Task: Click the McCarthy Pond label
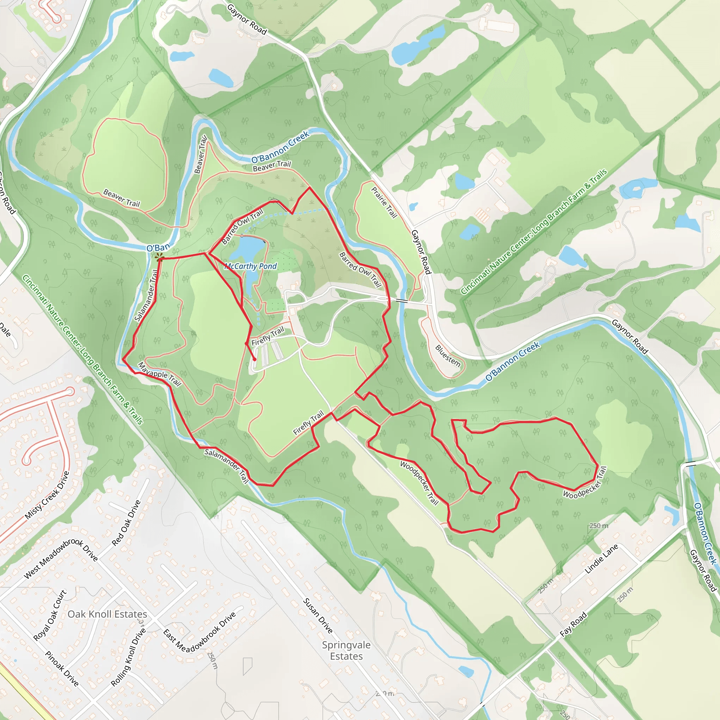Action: pos(250,266)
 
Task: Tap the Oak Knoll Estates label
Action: pos(107,614)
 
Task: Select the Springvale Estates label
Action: pos(346,650)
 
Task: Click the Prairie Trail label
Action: pos(384,202)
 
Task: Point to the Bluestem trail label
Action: pos(448,355)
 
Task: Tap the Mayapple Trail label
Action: pos(160,374)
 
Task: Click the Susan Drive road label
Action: pos(317,616)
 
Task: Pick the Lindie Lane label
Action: pos(601,559)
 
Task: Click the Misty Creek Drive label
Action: pos(47,495)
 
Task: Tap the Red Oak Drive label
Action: pos(126,523)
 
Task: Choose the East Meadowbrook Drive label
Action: pos(200,632)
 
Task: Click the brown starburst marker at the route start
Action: pos(160,257)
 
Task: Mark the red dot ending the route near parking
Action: pos(255,359)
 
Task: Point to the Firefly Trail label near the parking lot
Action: pos(268,336)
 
